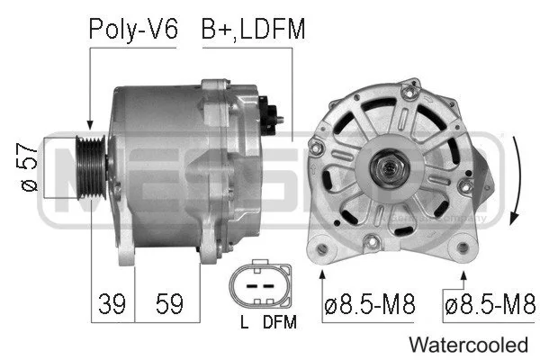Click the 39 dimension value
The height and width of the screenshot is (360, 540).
click(x=112, y=304)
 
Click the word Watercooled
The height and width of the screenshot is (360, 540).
click(x=467, y=344)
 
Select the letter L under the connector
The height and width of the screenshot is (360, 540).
click(x=244, y=321)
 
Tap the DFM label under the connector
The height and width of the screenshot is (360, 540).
click(x=278, y=321)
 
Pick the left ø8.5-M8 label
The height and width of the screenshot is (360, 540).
click(x=369, y=305)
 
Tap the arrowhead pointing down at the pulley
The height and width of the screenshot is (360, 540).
click(x=89, y=125)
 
